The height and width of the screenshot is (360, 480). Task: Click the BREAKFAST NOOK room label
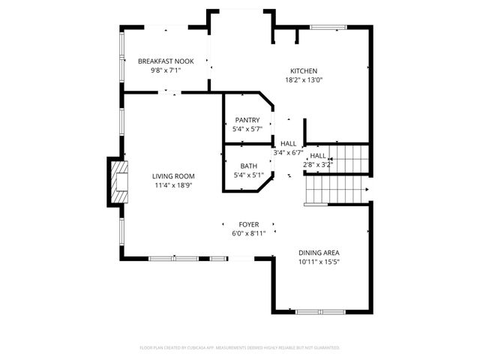point(166,60)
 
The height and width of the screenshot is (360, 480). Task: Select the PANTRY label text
point(247,120)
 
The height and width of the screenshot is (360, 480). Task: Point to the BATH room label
point(248,166)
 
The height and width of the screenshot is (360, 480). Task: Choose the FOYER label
point(249,224)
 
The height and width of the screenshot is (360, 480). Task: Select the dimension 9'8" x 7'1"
point(166,70)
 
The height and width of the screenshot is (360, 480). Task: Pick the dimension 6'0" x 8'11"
point(249,233)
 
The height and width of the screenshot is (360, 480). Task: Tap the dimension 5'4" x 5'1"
point(248,176)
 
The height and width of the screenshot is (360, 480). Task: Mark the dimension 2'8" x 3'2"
point(317,165)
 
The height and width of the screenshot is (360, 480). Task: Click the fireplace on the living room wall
point(118,181)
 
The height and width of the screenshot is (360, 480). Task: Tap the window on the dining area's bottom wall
point(319,311)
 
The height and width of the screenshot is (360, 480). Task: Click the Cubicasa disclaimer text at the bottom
point(240,348)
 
